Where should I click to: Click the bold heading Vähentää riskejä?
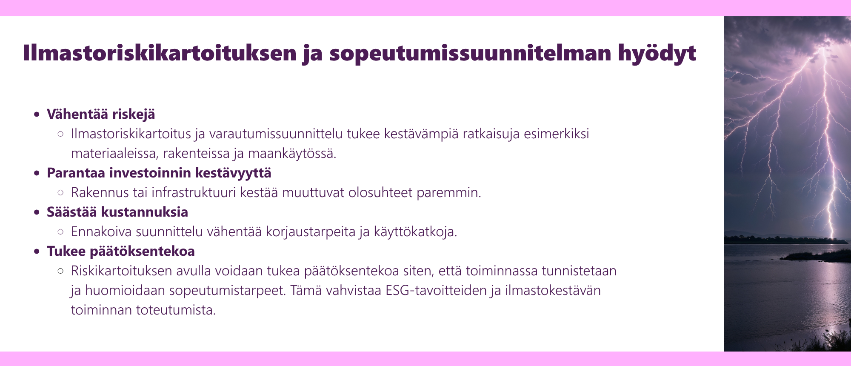click(101, 114)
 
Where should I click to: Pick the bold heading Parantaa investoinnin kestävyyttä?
click(159, 173)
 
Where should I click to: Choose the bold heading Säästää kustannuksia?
click(117, 212)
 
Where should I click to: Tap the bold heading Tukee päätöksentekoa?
click(121, 251)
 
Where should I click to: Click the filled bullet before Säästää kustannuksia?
click(37, 212)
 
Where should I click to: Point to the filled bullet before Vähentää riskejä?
click(37, 114)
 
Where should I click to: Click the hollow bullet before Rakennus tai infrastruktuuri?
click(60, 192)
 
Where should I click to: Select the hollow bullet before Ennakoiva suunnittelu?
click(60, 232)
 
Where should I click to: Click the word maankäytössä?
click(292, 154)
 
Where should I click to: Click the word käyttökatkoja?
click(416, 232)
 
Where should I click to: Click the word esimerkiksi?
click(556, 134)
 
